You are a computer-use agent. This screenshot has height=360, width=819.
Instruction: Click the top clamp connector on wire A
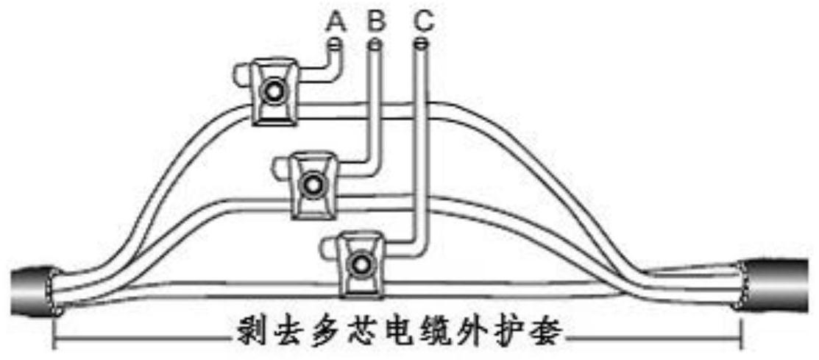click(272, 91)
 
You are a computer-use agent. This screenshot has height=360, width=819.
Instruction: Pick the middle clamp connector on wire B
click(313, 183)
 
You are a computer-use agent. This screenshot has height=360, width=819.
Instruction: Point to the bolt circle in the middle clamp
click(313, 183)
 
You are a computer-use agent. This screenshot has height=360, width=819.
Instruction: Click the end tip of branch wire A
click(336, 46)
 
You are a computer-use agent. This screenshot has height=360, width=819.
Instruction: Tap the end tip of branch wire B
click(376, 46)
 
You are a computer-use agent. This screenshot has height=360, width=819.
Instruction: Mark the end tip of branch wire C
click(421, 46)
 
